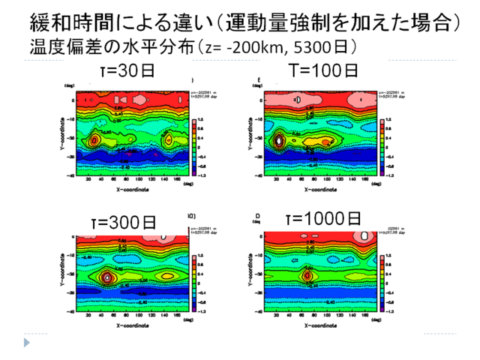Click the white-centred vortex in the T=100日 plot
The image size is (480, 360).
point(279,139)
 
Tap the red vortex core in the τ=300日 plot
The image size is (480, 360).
point(107,276)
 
